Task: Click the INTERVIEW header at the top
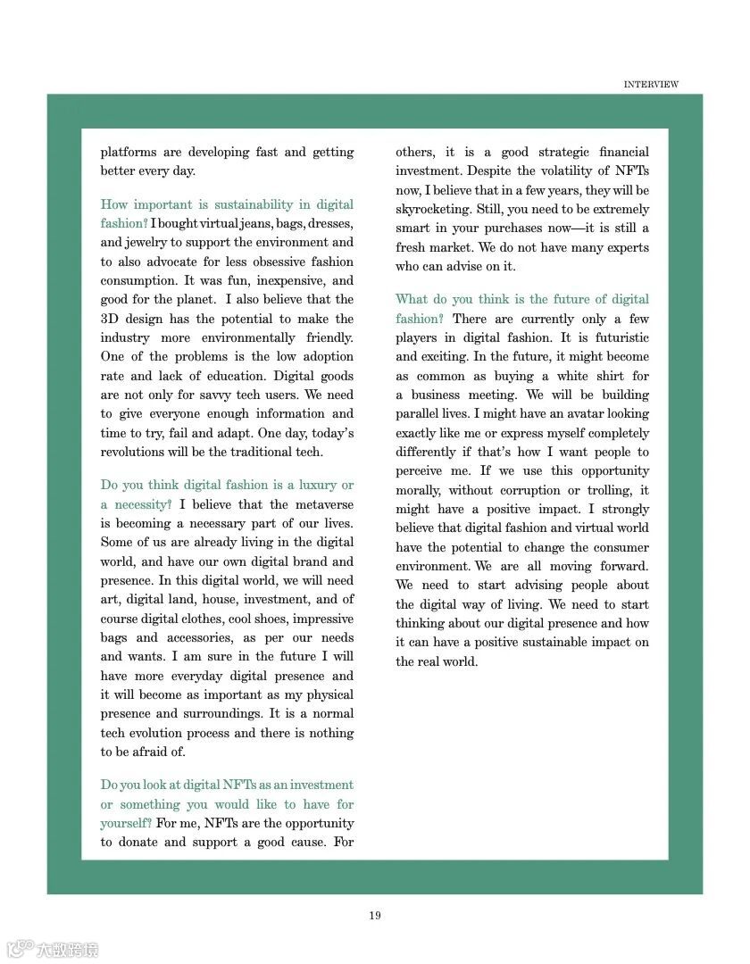(x=651, y=85)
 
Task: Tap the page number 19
(x=375, y=915)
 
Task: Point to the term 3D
(x=111, y=319)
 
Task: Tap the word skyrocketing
(x=427, y=209)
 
